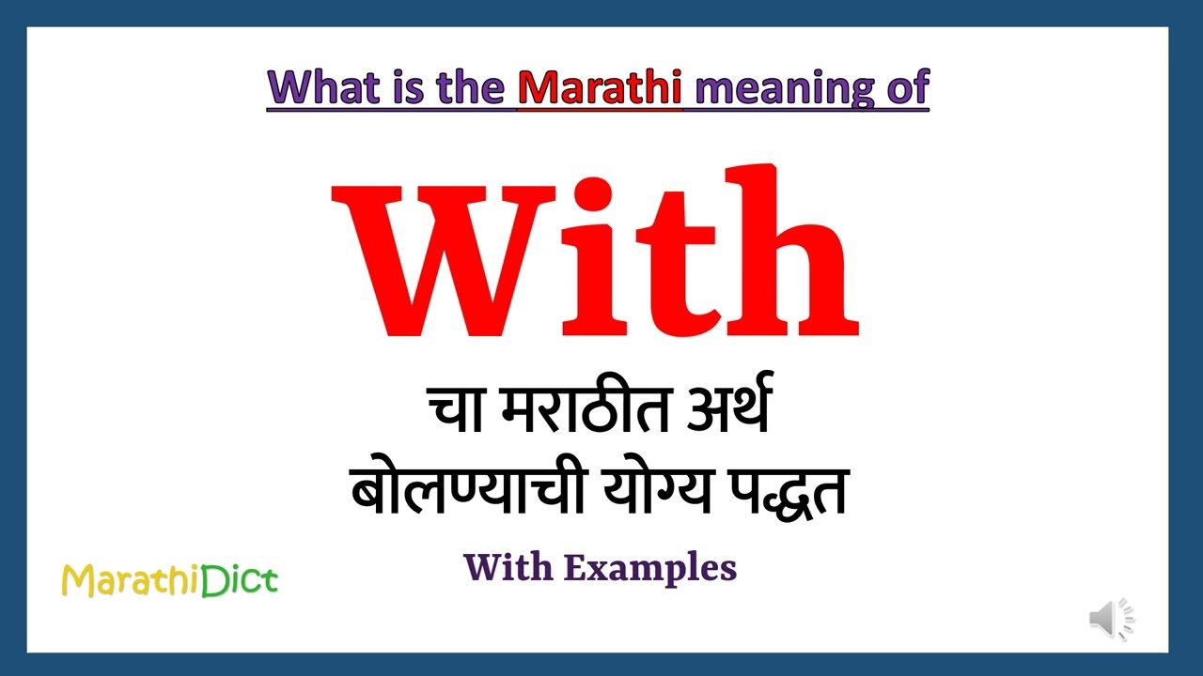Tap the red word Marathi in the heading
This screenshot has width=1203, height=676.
pos(599,87)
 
